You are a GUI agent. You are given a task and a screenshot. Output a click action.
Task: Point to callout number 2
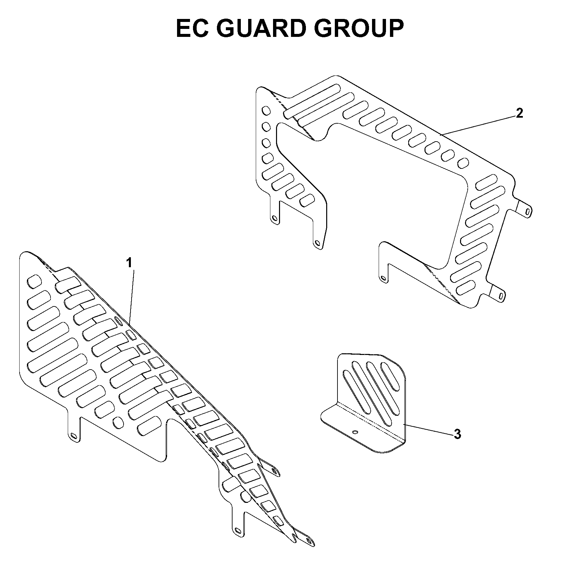coord(520,113)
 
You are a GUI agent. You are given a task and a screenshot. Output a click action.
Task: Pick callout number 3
coord(457,434)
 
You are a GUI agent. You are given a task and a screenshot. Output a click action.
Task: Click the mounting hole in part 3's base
coord(355,432)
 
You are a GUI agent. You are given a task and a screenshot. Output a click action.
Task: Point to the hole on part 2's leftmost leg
coord(274,218)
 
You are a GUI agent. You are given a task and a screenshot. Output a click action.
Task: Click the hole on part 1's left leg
coord(74,435)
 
